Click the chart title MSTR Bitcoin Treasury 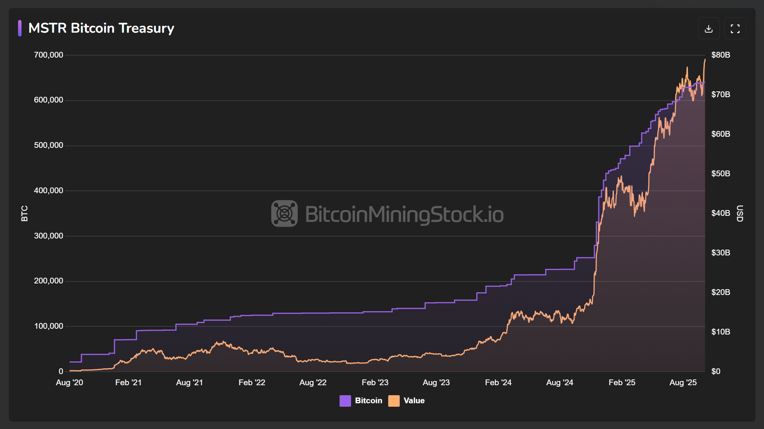101,28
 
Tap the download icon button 709,28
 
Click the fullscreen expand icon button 735,28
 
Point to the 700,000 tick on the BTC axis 48,55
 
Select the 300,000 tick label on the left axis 48,236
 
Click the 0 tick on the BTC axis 61,371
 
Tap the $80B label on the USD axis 721,55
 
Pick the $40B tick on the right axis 721,213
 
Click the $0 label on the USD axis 716,371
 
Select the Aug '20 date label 70,383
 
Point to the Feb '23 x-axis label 375,383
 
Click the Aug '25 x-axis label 683,383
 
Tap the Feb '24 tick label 498,383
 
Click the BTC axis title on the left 24,214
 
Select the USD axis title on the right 739,214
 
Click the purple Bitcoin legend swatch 345,401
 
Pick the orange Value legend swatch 394,401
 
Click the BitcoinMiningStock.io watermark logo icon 284,214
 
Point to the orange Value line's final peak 704,60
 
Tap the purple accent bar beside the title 20,28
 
